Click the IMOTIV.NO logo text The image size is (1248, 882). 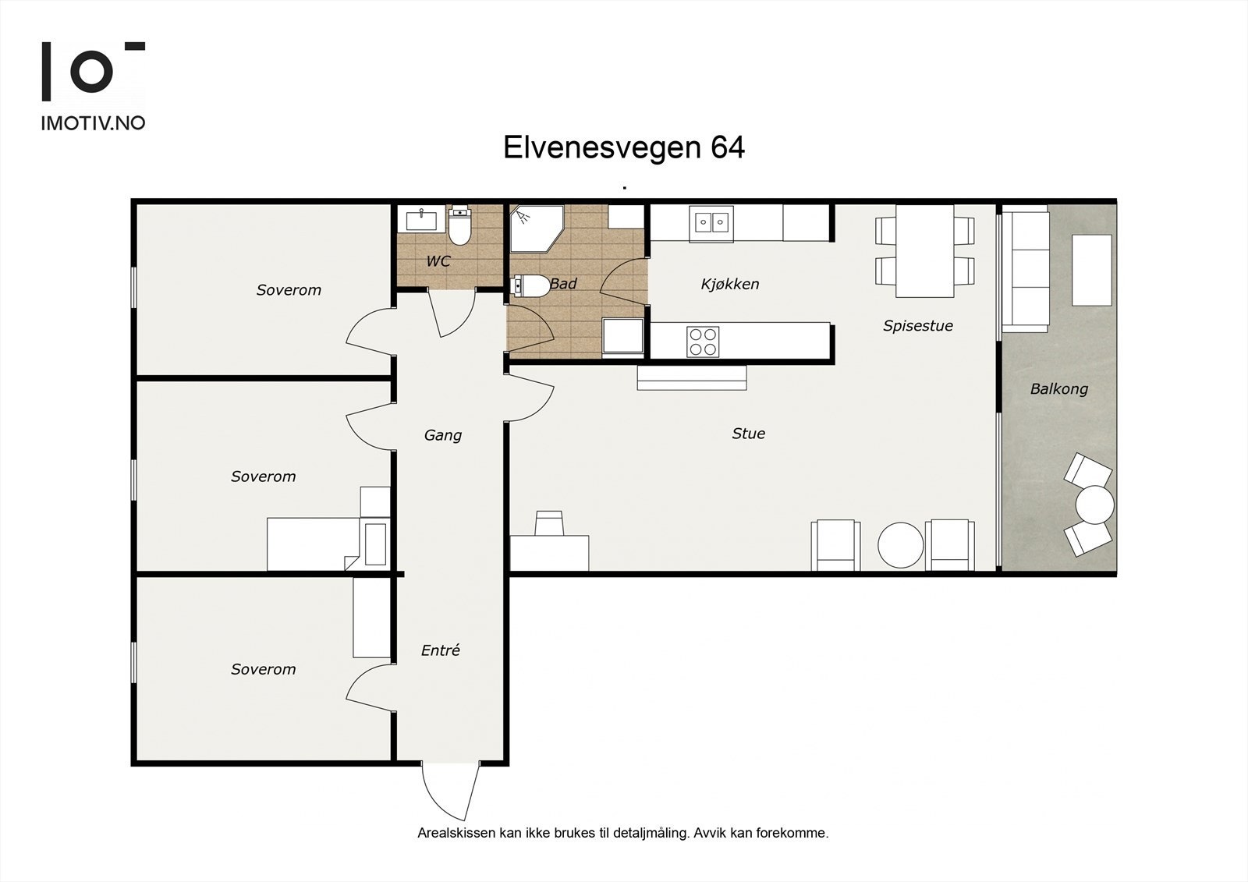[93, 123]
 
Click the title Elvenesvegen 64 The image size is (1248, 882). [624, 147]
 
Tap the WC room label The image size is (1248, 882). [438, 260]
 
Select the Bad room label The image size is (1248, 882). [563, 284]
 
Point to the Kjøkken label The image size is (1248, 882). [730, 284]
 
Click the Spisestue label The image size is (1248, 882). [917, 325]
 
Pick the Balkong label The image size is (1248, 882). [1058, 389]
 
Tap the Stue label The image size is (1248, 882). [748, 434]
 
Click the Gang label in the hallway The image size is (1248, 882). [443, 435]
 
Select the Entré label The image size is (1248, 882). [440, 650]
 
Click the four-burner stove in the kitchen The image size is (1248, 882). [703, 342]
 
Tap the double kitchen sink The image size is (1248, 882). [711, 224]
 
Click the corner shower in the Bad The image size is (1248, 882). [537, 228]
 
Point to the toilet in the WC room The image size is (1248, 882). [459, 225]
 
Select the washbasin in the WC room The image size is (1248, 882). [421, 219]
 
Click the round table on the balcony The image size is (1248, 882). [1094, 505]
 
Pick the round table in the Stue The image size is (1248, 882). [900, 545]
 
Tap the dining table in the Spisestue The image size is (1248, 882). [925, 251]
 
